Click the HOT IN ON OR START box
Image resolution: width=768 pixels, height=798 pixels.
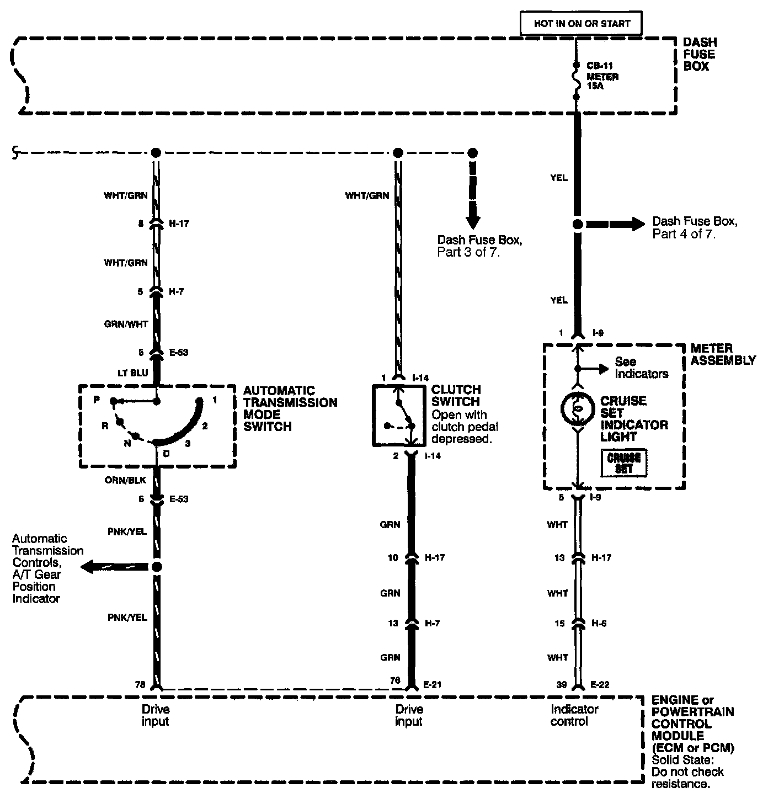pos(580,23)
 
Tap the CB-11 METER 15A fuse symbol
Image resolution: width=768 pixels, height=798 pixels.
pos(576,81)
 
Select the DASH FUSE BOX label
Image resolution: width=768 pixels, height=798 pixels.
pos(700,54)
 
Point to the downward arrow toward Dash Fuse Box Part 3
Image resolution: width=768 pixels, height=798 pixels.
pos(473,195)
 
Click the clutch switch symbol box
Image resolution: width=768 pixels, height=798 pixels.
pos(398,415)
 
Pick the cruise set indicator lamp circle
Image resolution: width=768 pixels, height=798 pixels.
pos(577,409)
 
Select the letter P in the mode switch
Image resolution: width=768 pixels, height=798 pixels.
pos(97,399)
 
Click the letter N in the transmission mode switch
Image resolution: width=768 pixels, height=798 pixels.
pos(127,443)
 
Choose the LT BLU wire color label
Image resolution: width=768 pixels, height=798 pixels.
pos(132,373)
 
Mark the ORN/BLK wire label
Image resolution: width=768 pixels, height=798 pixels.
pos(125,480)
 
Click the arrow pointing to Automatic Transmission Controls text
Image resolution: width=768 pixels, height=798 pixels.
pos(114,567)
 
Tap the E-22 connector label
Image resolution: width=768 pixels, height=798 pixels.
pos(600,684)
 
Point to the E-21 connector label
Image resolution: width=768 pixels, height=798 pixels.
pos(432,684)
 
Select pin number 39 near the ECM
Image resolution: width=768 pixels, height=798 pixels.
pos(561,684)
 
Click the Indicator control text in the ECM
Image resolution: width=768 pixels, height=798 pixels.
pos(574,715)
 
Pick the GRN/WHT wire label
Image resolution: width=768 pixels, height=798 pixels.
pos(126,324)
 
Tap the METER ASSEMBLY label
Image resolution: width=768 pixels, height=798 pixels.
pos(723,354)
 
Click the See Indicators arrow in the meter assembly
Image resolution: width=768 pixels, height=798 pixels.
pos(593,369)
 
